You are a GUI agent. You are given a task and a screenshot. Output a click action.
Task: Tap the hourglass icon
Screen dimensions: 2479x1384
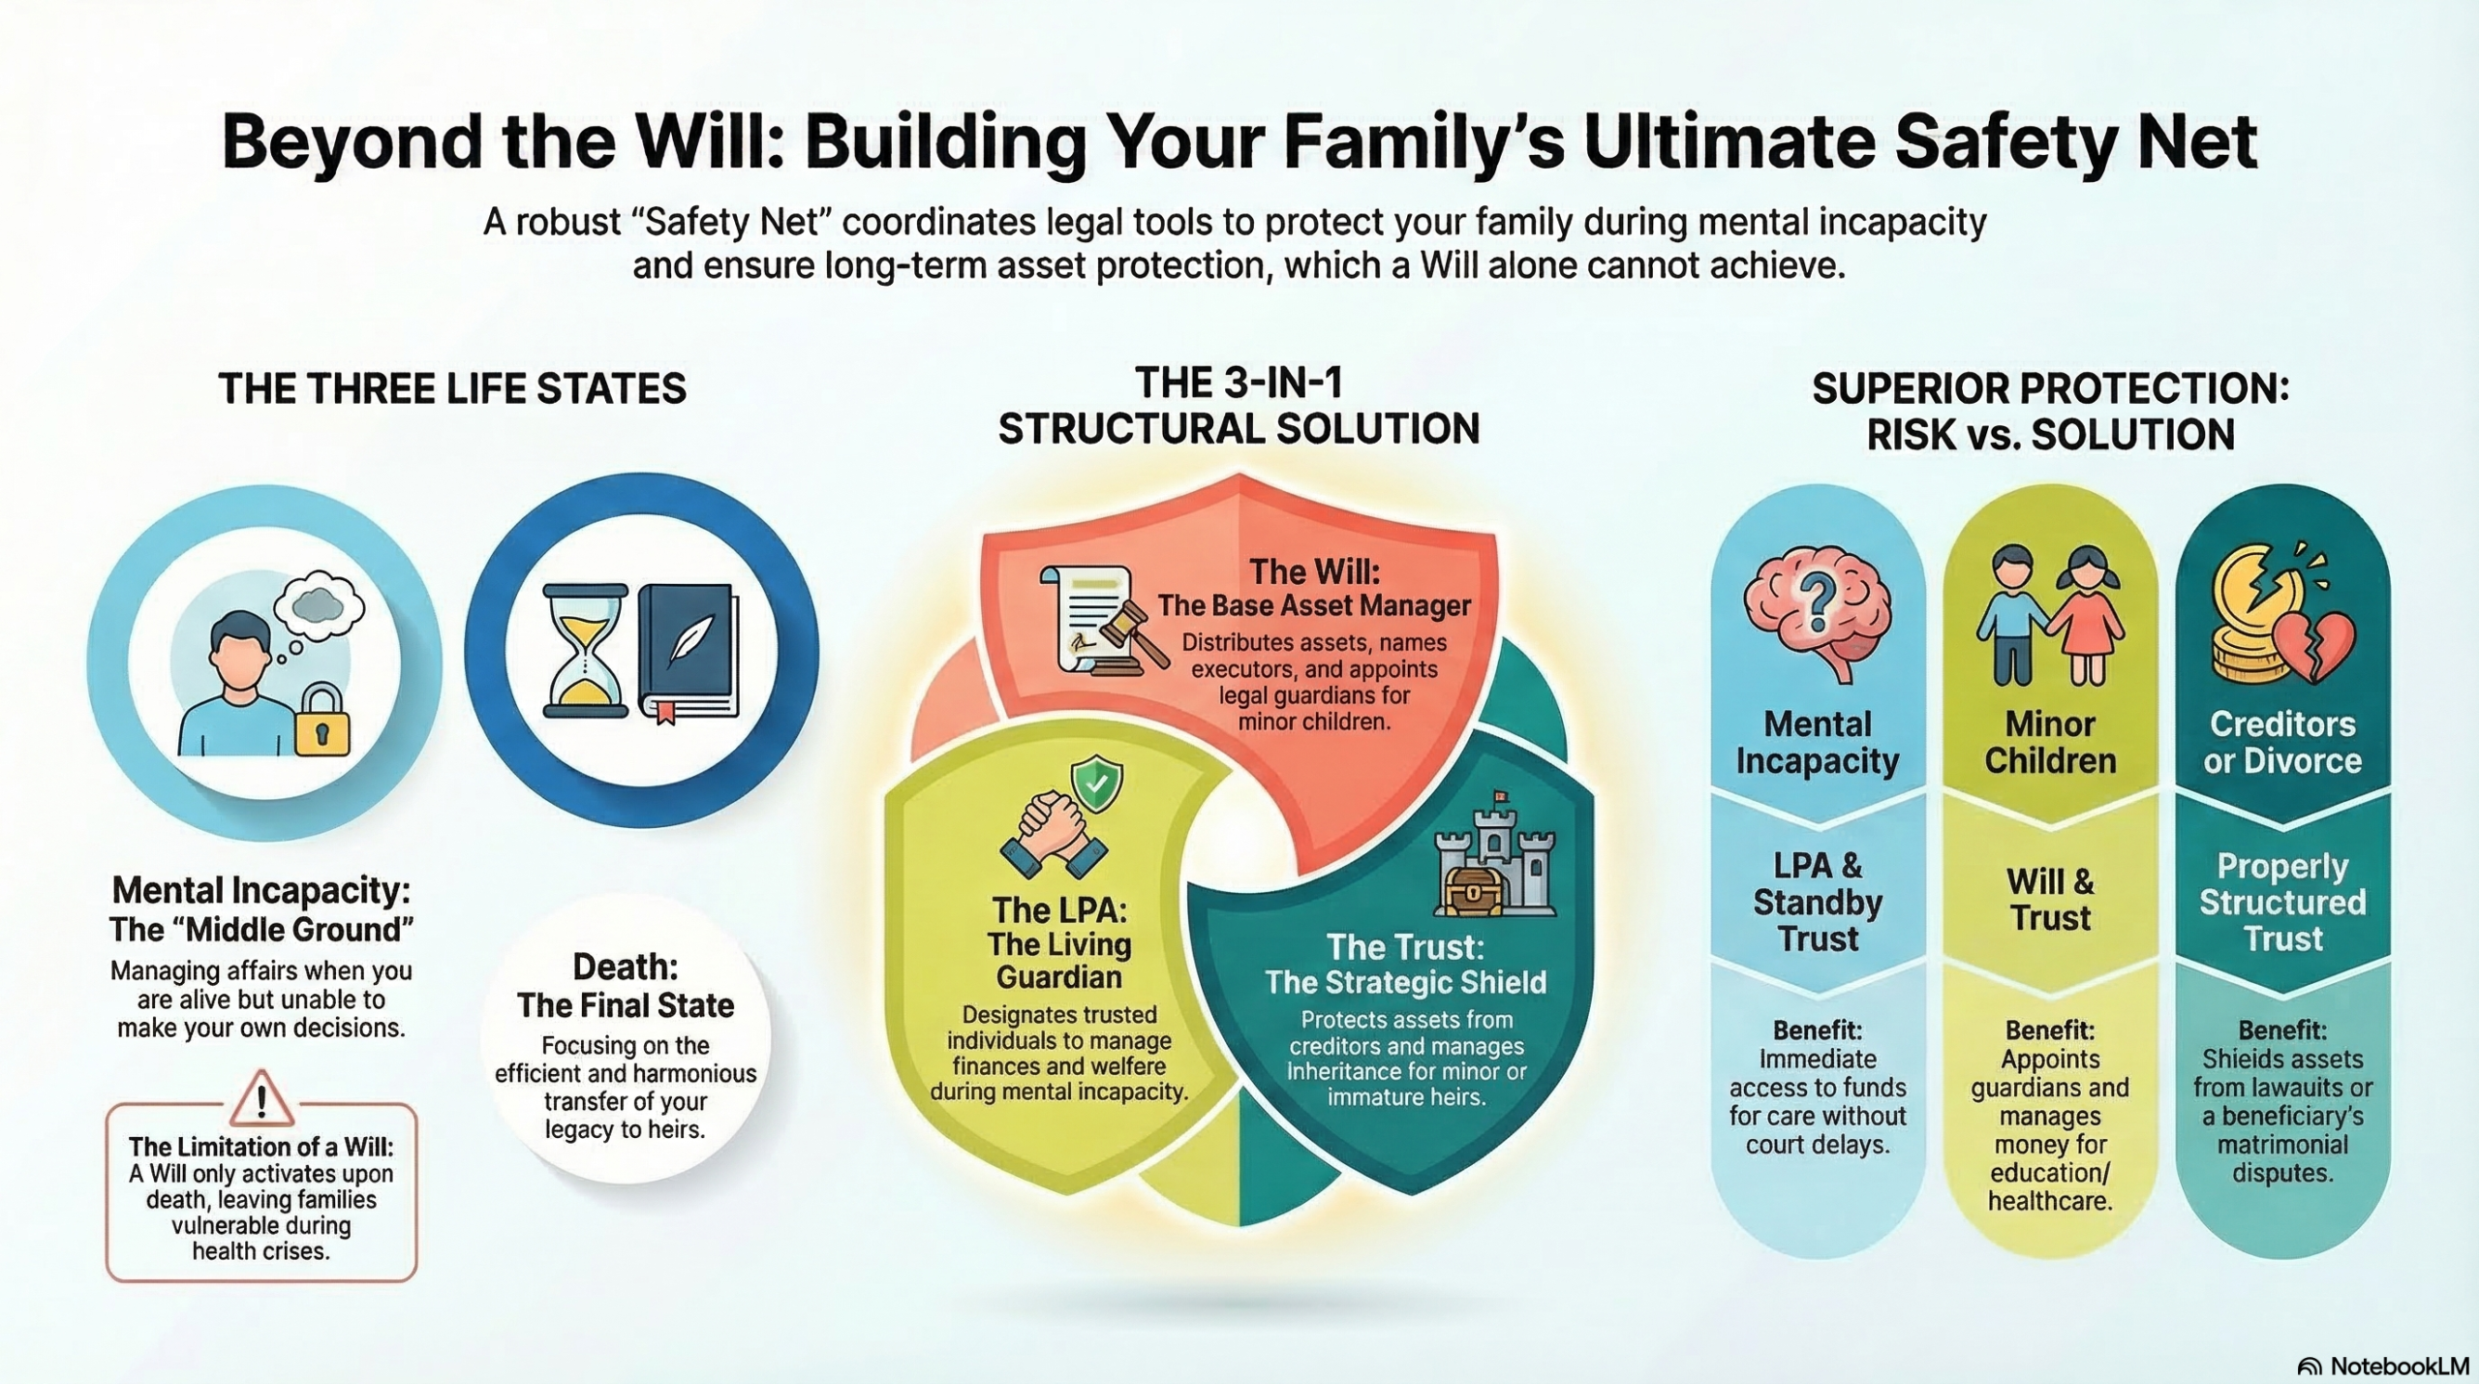coord(586,650)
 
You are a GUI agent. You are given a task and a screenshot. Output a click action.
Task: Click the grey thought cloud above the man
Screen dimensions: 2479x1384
coord(319,604)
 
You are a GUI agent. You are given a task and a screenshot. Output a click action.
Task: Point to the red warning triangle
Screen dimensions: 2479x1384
coord(261,1098)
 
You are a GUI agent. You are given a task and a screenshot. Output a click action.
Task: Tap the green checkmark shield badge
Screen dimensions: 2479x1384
coord(1096,784)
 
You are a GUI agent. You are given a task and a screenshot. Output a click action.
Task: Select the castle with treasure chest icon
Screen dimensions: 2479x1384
coord(1494,857)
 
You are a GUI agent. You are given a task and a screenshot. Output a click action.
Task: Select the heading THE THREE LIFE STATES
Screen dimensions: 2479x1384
coord(452,388)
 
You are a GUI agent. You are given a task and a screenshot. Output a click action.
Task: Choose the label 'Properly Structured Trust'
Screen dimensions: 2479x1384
coord(2282,902)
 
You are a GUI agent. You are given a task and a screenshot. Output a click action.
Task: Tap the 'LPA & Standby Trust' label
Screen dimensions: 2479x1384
coord(1818,902)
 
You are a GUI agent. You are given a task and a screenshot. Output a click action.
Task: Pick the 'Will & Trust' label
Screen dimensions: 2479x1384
coord(2050,900)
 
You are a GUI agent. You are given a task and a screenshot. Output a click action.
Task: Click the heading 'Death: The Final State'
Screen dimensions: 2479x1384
coord(626,986)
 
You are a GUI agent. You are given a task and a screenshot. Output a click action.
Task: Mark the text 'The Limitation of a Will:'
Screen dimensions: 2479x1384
coord(261,1147)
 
